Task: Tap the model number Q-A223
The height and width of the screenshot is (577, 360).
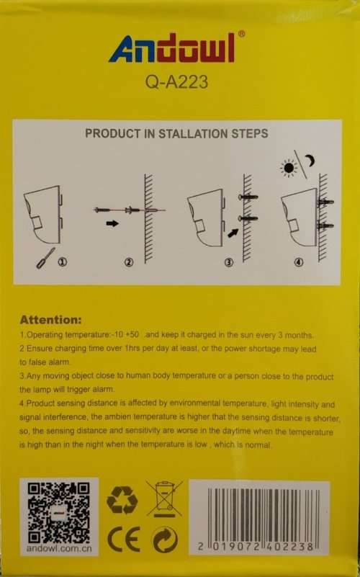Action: tap(176, 82)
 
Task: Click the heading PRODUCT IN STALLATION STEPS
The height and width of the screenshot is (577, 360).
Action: tap(176, 133)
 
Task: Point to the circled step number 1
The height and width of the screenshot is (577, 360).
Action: tap(63, 262)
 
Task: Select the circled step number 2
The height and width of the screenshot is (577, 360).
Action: tap(129, 262)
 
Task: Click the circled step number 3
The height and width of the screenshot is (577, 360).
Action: tap(229, 262)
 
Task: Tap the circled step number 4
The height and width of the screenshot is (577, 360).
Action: tap(299, 262)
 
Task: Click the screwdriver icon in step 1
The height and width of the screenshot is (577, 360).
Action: tap(45, 258)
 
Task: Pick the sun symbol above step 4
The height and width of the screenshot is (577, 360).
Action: tap(289, 168)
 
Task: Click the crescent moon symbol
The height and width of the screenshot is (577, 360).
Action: tap(311, 161)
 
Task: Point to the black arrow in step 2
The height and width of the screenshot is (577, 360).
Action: tap(112, 223)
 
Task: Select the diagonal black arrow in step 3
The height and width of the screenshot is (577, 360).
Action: tap(233, 233)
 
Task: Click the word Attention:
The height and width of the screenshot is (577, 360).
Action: tap(50, 319)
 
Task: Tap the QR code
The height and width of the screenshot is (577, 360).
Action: tap(59, 513)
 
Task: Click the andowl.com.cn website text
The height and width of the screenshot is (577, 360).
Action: tap(58, 548)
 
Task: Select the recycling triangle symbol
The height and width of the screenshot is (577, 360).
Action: tap(122, 500)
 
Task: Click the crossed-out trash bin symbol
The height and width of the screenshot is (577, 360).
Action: tap(164, 498)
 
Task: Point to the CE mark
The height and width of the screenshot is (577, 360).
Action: tap(124, 540)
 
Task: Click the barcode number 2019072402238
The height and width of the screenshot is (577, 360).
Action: tap(256, 547)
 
